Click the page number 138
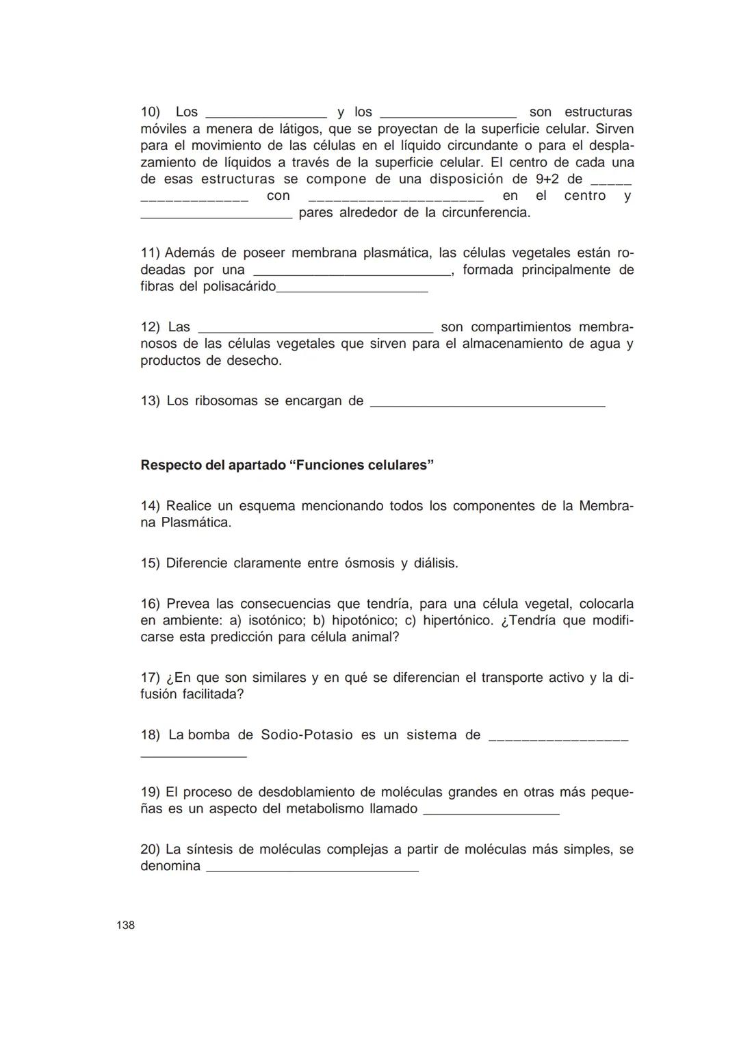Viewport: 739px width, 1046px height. (125, 926)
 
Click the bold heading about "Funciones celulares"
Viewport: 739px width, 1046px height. (287, 465)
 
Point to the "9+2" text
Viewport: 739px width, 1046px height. (547, 179)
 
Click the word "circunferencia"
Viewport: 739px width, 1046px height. (484, 212)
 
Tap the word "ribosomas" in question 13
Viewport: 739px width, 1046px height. (226, 401)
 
